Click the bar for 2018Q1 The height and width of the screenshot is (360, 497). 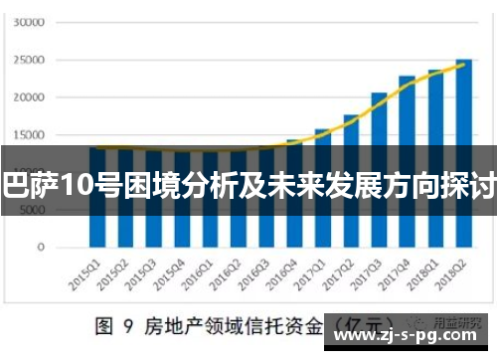pyautogui.click(x=435, y=158)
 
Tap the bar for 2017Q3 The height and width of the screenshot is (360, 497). pyautogui.click(x=379, y=169)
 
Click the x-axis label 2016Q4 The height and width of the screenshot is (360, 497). pyautogui.click(x=285, y=270)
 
